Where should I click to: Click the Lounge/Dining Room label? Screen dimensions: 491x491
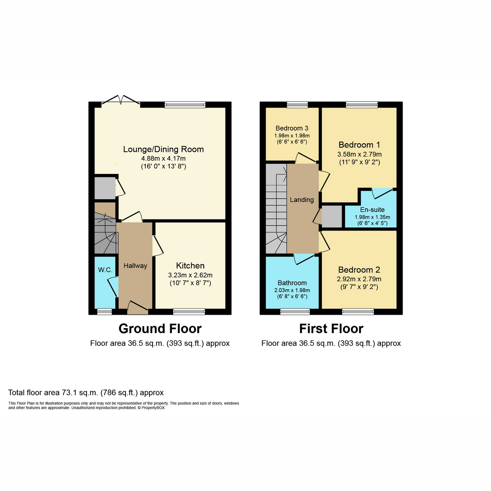coord(163,149)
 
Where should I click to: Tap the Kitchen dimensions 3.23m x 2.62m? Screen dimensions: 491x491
coord(190,275)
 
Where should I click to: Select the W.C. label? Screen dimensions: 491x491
coord(105,270)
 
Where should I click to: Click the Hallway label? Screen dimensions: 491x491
coord(135,266)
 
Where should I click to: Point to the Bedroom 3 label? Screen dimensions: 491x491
coord(292,128)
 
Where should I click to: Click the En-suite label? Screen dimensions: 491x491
coord(372,209)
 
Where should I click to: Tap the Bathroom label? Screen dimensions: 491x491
coord(292,283)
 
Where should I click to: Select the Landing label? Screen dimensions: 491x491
coord(302,200)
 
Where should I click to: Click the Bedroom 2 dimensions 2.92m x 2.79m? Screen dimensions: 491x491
coord(359,279)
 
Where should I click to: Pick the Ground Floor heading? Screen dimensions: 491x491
coord(160,329)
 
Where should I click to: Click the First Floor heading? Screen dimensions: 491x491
coord(331,329)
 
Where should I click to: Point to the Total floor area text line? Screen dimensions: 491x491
coord(86,393)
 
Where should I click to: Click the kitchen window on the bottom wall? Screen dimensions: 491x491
coord(189,312)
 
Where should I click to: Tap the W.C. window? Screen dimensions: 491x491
coord(104,312)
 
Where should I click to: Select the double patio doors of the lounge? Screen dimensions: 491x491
coord(121,101)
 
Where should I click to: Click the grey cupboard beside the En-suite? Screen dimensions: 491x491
coord(332,216)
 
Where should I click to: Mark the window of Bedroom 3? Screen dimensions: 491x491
coord(297,105)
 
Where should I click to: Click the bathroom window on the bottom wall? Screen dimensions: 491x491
coord(295,312)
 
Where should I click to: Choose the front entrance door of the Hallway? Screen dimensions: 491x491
coord(137,309)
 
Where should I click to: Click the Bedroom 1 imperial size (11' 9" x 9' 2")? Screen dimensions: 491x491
coord(359,162)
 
